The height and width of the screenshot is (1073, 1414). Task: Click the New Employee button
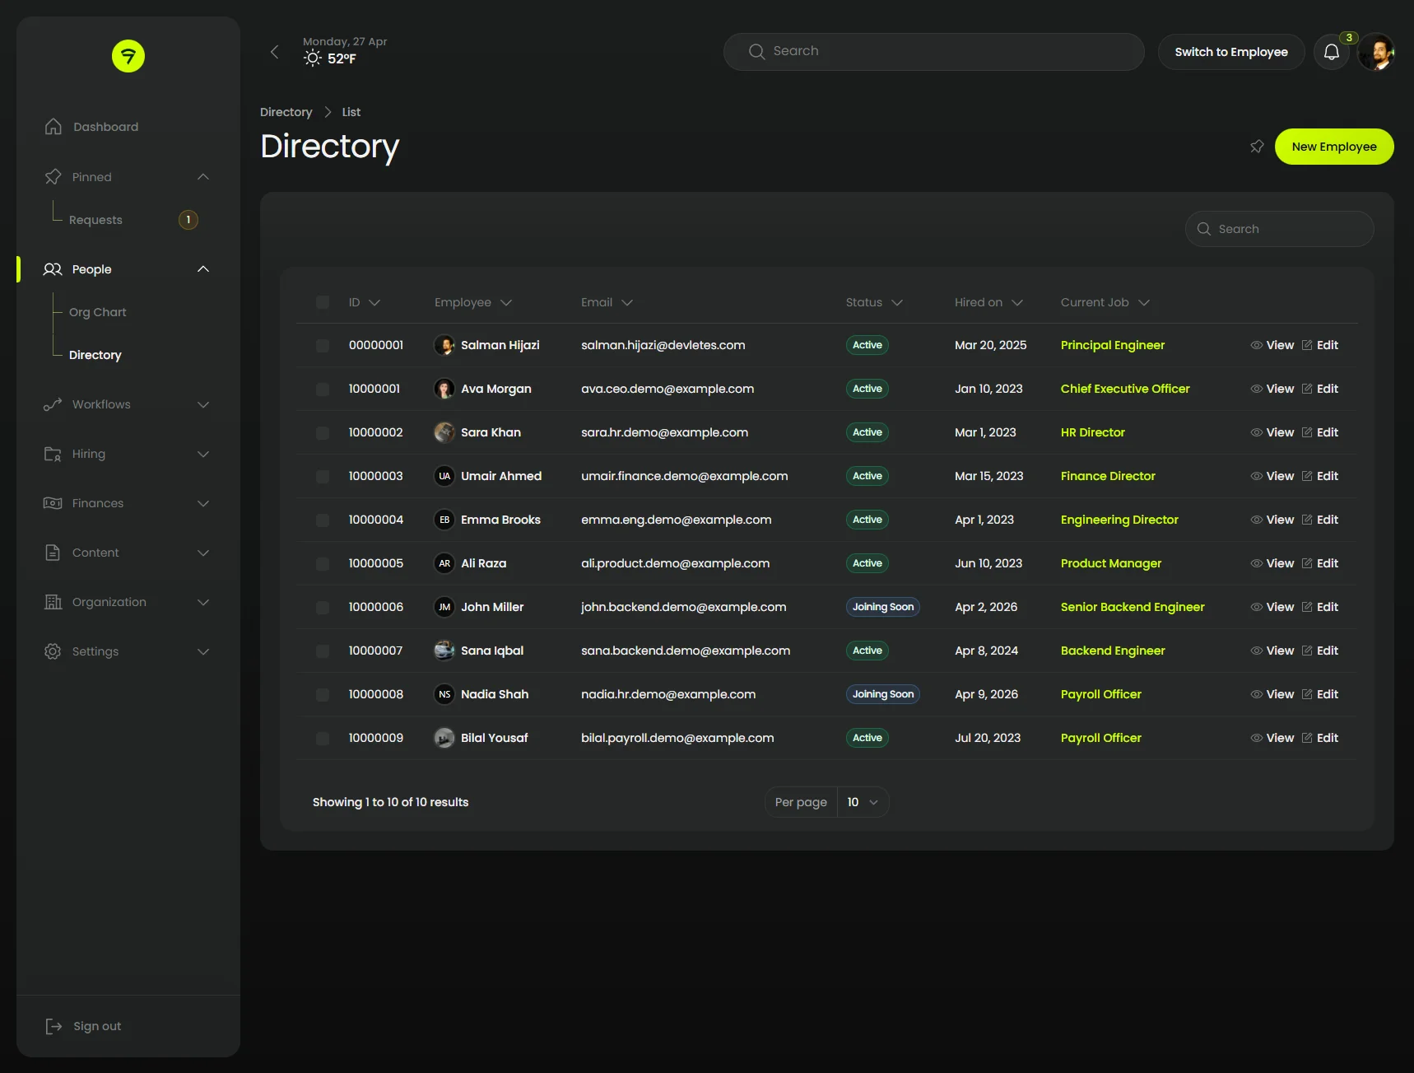(x=1333, y=147)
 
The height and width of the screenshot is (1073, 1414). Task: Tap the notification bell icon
(x=1331, y=53)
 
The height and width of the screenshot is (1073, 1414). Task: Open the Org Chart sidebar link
(x=97, y=312)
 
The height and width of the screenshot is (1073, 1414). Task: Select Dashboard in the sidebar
(x=105, y=127)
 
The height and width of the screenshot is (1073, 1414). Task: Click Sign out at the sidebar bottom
(x=96, y=1026)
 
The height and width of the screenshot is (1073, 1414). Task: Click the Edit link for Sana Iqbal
(x=1320, y=651)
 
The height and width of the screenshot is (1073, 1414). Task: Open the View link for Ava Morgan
(x=1272, y=389)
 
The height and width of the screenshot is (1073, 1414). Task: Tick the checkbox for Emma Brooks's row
(x=323, y=520)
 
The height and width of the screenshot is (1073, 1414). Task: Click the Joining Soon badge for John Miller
(x=882, y=607)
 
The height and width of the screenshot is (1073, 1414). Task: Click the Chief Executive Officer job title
(x=1124, y=389)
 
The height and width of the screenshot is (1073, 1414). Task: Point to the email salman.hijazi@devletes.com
(x=663, y=345)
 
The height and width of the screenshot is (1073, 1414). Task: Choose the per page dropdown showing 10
(x=862, y=802)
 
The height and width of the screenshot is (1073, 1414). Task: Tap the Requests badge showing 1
(x=188, y=220)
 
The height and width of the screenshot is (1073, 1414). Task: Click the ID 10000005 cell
(x=375, y=563)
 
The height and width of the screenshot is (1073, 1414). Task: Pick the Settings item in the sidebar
(x=95, y=651)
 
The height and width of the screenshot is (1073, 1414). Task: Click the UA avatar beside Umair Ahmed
(x=444, y=476)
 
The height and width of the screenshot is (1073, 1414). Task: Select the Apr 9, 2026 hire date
(x=986, y=694)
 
